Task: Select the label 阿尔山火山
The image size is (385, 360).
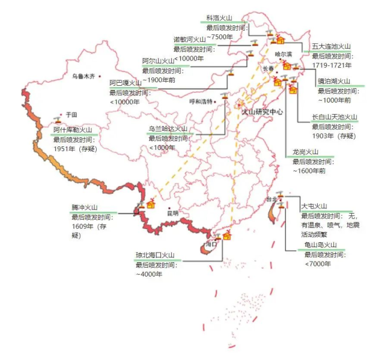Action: [x=158, y=61]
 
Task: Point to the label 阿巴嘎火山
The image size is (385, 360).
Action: [x=125, y=83]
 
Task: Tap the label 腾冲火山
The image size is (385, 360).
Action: [x=83, y=207]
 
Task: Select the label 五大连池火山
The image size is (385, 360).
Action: [x=331, y=46]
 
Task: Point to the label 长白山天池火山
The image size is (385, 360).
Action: [x=335, y=117]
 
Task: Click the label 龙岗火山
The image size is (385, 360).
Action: [x=305, y=152]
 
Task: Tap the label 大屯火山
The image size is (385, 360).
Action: [x=314, y=206]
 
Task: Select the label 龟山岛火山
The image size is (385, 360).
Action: [x=321, y=245]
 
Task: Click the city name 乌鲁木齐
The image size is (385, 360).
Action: [x=83, y=77]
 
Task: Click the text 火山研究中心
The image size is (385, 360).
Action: [x=261, y=112]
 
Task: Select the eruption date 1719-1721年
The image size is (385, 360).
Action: [x=332, y=65]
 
